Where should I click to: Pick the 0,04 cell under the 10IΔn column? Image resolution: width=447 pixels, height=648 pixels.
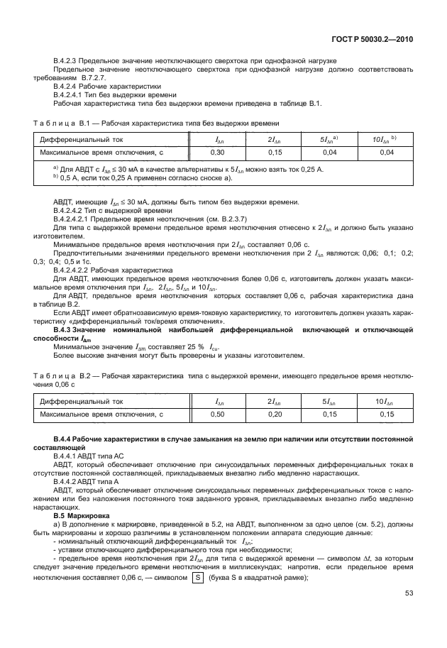386,153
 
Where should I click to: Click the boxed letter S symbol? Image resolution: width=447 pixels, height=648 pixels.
196,577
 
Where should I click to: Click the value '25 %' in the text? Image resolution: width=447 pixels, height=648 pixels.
194,347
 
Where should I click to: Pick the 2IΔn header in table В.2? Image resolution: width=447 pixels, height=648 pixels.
275,401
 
